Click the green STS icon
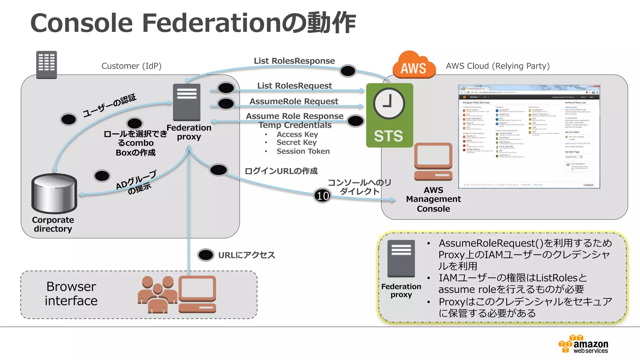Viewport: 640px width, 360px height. (389, 115)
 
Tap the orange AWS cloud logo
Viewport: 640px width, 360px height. (414, 65)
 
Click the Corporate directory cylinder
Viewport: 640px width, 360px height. (54, 194)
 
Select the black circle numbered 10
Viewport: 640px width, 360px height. (322, 196)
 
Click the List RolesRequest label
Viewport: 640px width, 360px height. (294, 86)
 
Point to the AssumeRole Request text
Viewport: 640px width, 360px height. (294, 101)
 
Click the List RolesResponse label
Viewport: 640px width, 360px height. (294, 61)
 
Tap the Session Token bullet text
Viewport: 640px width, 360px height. (303, 151)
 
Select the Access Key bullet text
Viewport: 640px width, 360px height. (297, 134)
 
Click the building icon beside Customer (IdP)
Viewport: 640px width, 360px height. (47, 65)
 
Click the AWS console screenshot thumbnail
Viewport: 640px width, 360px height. (529, 137)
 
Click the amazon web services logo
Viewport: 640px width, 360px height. (583, 344)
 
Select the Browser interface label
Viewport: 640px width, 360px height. (71, 293)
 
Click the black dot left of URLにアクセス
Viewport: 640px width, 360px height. (206, 255)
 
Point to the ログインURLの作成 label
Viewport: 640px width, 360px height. (281, 171)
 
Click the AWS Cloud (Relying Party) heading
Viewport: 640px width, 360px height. (497, 66)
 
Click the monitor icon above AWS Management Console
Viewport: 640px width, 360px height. (433, 162)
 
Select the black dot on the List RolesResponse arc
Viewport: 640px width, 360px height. (347, 71)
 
